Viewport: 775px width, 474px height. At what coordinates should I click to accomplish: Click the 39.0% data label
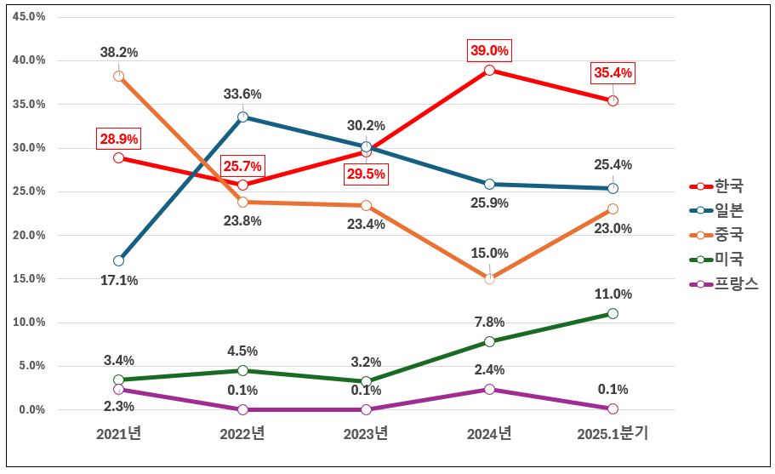(489, 51)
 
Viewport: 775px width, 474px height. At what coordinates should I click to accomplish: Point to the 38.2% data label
(118, 52)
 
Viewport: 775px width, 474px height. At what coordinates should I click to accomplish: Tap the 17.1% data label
(118, 280)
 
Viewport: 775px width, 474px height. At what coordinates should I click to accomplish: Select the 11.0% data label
(613, 294)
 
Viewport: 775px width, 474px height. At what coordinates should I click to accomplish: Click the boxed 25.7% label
(242, 166)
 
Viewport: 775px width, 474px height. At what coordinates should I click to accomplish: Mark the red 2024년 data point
(489, 70)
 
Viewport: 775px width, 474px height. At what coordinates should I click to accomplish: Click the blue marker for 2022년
(242, 117)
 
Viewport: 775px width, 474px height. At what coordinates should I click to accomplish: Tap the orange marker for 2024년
(489, 278)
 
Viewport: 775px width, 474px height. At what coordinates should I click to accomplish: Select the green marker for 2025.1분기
(613, 313)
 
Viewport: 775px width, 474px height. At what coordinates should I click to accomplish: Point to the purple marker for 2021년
(118, 389)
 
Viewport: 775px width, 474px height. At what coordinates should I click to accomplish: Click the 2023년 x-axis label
(366, 434)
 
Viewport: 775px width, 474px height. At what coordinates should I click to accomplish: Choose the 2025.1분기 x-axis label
(613, 434)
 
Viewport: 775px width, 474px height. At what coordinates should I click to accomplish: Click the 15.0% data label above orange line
(489, 254)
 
